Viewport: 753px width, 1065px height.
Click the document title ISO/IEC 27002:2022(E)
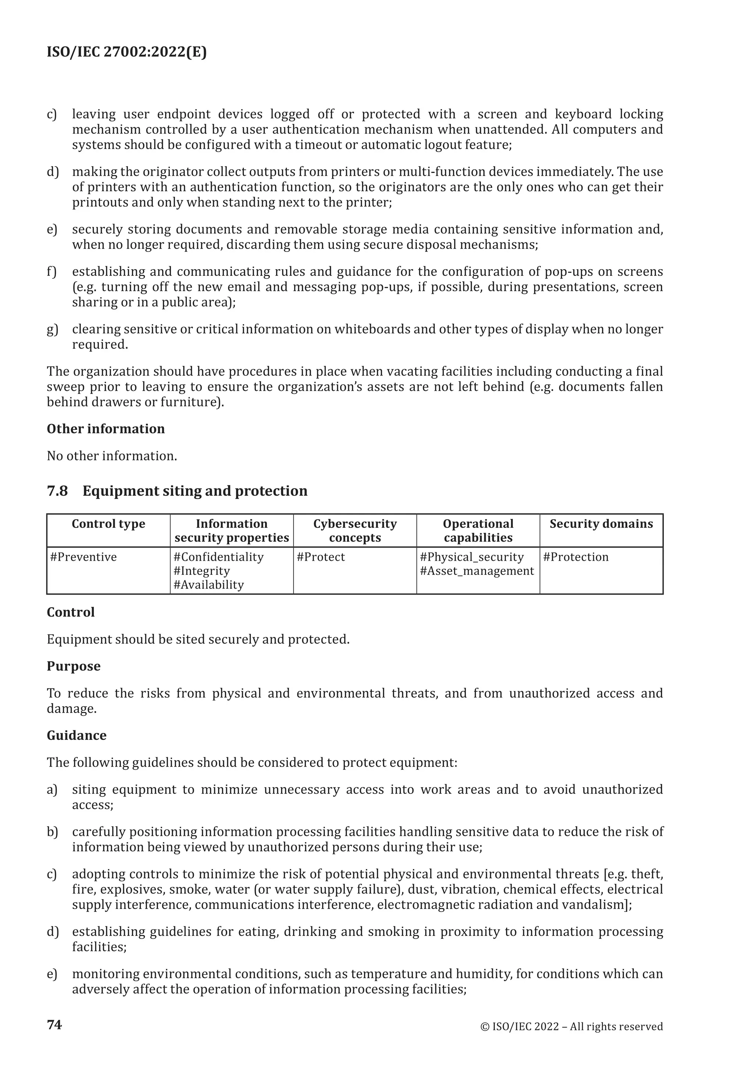point(126,52)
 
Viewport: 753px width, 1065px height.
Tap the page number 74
point(54,1024)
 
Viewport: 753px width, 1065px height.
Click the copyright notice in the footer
point(571,1026)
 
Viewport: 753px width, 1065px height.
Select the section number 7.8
point(57,491)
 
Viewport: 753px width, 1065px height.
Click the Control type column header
point(108,524)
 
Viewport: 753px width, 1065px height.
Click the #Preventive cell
point(83,557)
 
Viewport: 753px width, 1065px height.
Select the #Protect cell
point(321,557)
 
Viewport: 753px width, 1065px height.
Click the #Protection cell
point(575,557)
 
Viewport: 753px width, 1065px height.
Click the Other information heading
point(106,428)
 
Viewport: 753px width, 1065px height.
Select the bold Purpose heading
point(74,666)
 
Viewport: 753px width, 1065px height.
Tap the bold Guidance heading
point(76,735)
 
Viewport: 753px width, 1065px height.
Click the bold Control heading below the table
point(71,612)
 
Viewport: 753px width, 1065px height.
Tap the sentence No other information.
point(112,456)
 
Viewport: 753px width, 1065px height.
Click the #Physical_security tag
point(472,557)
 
